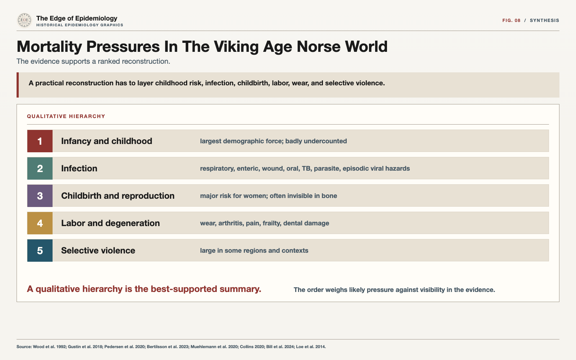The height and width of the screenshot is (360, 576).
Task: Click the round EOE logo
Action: (24, 20)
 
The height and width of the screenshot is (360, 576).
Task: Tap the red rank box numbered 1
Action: (40, 141)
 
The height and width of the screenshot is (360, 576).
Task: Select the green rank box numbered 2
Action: (40, 168)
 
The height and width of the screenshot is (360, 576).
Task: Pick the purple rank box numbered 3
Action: (40, 196)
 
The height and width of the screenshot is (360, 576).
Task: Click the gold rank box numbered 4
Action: (40, 223)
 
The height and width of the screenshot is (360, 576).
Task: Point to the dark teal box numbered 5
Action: (40, 251)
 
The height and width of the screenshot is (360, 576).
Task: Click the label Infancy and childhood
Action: (107, 141)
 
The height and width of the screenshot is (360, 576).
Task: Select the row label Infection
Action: (79, 168)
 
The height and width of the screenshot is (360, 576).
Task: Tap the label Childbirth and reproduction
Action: (118, 196)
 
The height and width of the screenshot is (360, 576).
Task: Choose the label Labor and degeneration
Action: (110, 223)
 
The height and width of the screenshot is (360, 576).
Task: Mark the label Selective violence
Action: (98, 251)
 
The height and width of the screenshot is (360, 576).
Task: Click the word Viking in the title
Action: (236, 47)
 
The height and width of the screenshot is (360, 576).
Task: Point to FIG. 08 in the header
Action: (511, 20)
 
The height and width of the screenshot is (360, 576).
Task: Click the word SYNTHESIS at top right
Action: (544, 20)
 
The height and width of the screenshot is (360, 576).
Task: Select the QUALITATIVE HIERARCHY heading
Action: (66, 116)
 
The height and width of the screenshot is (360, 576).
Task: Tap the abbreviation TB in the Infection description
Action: (306, 168)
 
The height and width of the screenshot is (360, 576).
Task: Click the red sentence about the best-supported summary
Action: (144, 289)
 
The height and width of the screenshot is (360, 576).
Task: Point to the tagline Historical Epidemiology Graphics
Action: (80, 25)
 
